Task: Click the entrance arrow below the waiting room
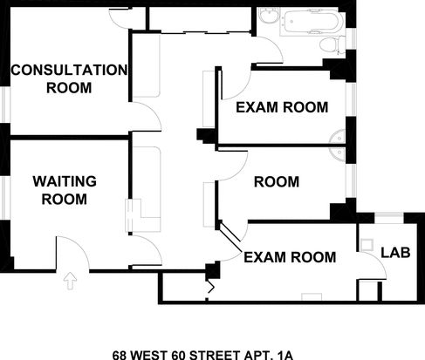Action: [x=70, y=281]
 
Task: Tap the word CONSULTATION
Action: [x=69, y=71]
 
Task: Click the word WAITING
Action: [x=65, y=181]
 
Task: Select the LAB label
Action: [x=395, y=253]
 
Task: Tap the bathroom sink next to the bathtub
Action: [x=269, y=15]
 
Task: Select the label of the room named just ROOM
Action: [x=277, y=182]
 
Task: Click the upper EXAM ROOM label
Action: [x=282, y=107]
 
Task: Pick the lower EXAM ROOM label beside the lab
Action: [x=290, y=257]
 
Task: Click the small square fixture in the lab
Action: [x=367, y=245]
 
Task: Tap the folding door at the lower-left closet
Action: [x=210, y=289]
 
